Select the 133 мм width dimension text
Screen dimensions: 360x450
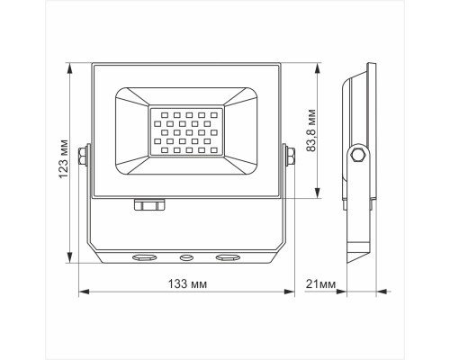coord(186,284)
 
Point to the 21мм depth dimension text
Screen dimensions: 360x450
coord(320,284)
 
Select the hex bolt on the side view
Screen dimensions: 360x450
coord(358,157)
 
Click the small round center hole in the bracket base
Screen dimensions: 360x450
coord(187,257)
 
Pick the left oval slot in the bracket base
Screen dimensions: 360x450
coord(144,257)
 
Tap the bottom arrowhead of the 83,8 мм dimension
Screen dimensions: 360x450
coord(317,194)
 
